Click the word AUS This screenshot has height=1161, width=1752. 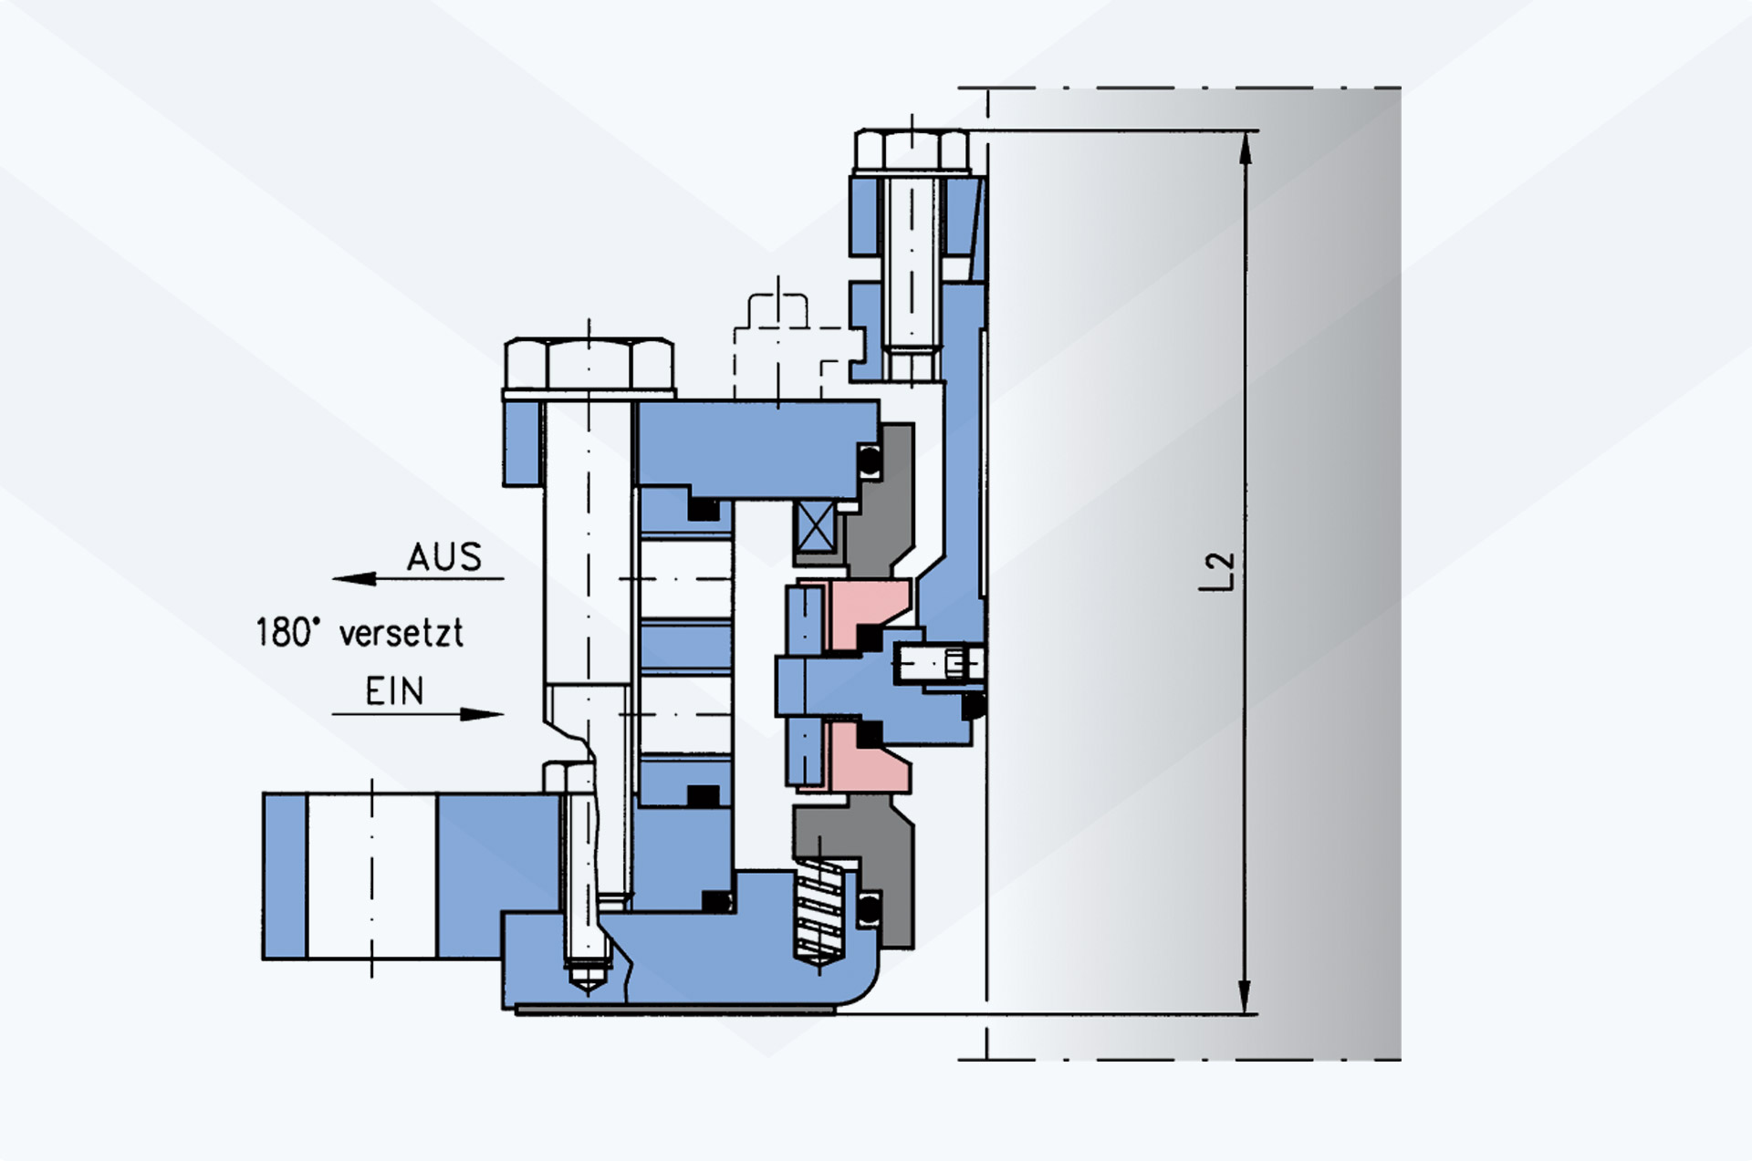tap(444, 556)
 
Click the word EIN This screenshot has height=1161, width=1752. tap(395, 691)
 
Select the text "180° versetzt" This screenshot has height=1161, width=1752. tap(360, 632)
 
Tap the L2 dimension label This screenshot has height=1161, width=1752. tap(1218, 571)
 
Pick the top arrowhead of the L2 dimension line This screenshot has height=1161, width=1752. tap(1246, 148)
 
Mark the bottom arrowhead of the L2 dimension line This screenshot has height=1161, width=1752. tap(1246, 996)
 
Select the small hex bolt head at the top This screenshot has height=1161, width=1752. tap(912, 150)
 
